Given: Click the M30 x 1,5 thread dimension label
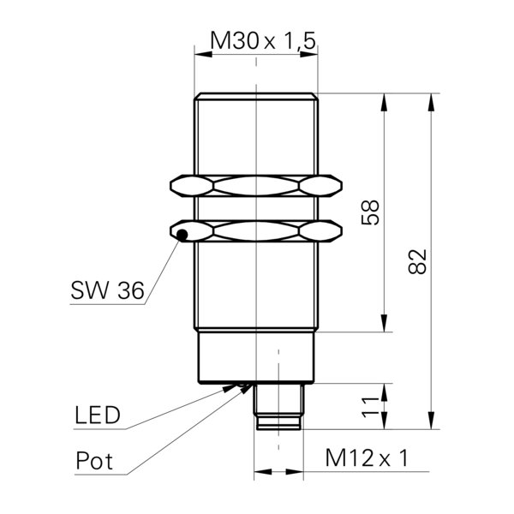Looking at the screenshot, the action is point(263,40).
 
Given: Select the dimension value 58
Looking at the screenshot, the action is point(370,212).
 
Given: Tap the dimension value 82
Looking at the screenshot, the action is point(418,261).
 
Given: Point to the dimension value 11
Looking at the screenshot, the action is point(370,407).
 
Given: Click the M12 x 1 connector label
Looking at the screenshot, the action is point(367,457).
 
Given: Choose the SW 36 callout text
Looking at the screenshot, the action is point(108,290).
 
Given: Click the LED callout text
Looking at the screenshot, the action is point(98,415).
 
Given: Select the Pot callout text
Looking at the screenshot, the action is point(94,460).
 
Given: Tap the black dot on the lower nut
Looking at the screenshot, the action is point(182,235).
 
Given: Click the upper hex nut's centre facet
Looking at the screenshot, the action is point(256,186).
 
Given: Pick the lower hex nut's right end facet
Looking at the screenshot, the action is point(320,231).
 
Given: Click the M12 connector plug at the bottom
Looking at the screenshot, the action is point(278,406).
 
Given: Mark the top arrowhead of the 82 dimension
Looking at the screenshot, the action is point(432,102).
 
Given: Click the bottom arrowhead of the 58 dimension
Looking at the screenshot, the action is point(384,323).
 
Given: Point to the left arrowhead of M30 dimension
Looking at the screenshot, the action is point(203,54).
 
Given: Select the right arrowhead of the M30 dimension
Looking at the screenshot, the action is point(309,54).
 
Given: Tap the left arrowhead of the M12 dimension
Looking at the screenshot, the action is point(263,472).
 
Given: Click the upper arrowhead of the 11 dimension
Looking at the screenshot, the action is point(384,392).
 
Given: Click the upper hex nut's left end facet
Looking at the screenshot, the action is point(192,186).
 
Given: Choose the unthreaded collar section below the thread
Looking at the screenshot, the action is point(256,357).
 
